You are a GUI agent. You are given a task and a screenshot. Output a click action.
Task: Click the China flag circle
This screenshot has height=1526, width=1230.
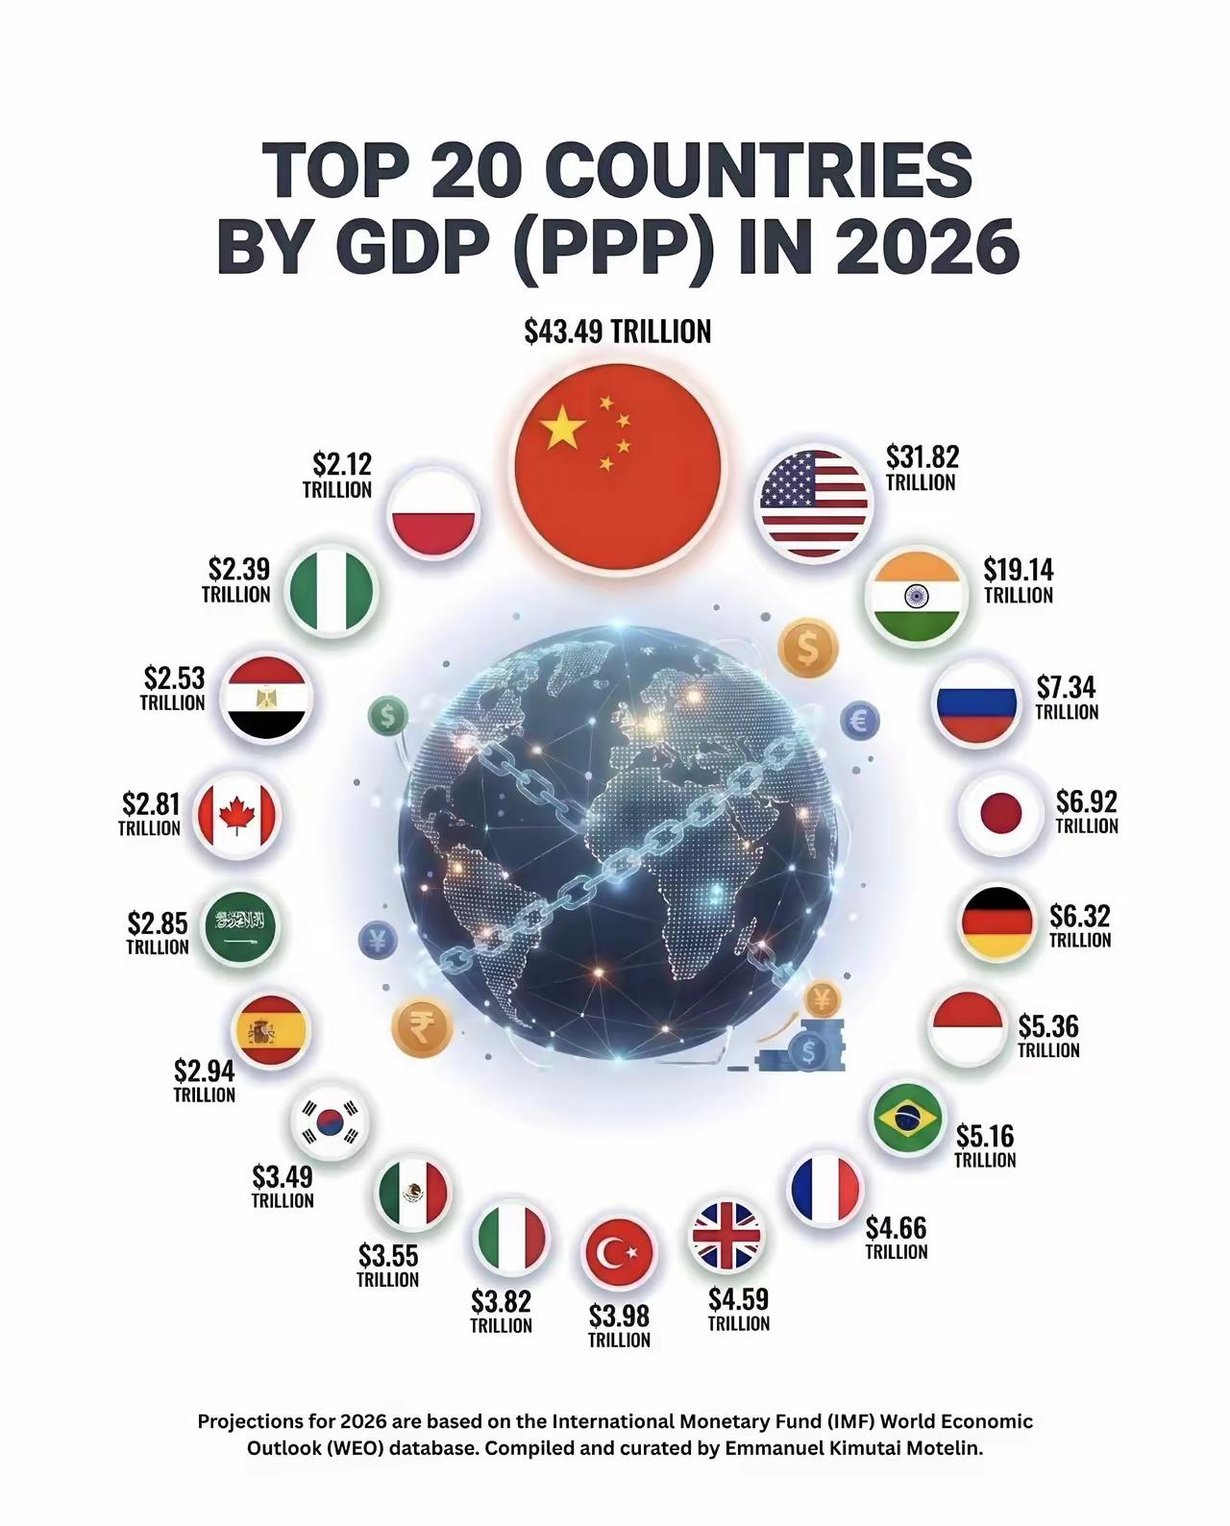618,467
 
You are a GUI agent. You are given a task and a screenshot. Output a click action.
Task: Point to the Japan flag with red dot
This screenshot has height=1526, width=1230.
1001,813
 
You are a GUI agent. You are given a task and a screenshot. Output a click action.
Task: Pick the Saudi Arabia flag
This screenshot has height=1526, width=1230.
240,926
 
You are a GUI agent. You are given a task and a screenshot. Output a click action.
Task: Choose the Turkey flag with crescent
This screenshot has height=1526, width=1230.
619,1254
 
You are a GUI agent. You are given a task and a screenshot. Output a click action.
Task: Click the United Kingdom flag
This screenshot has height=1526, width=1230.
726,1236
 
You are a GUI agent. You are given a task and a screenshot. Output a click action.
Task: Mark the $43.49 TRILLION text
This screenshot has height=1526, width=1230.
618,332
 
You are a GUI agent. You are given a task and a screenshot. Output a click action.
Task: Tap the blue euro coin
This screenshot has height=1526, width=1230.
860,721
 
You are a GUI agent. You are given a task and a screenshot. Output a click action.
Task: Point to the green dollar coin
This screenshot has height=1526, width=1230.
388,716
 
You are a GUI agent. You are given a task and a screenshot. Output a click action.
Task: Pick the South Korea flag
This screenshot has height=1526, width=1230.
330,1121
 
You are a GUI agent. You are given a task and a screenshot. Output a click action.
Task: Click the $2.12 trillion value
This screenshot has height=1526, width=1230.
337,475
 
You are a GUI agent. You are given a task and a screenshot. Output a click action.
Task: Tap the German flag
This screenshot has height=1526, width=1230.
997,923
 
